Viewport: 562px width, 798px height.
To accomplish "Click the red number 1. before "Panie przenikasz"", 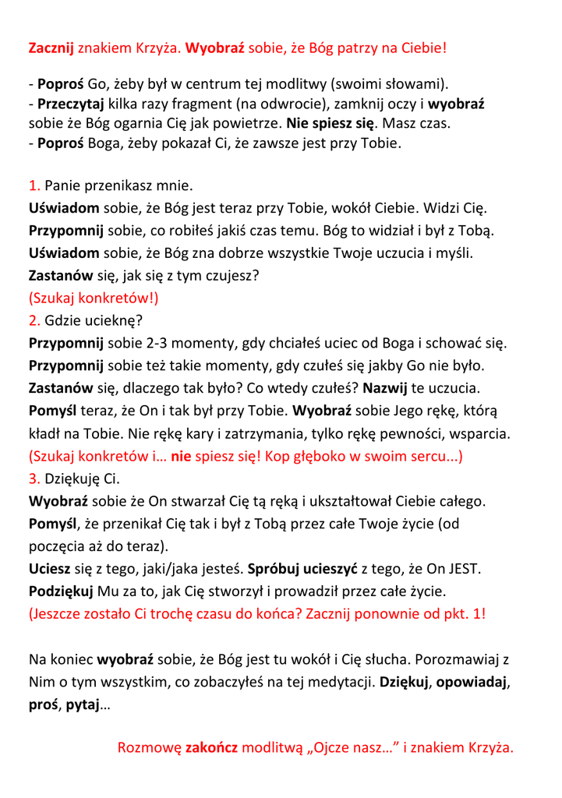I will [x=34, y=186].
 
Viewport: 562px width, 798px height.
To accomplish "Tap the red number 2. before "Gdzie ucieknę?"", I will [x=34, y=320].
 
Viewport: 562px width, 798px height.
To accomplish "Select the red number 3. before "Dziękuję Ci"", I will [x=34, y=478].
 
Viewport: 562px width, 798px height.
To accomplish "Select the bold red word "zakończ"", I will [x=211, y=748].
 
